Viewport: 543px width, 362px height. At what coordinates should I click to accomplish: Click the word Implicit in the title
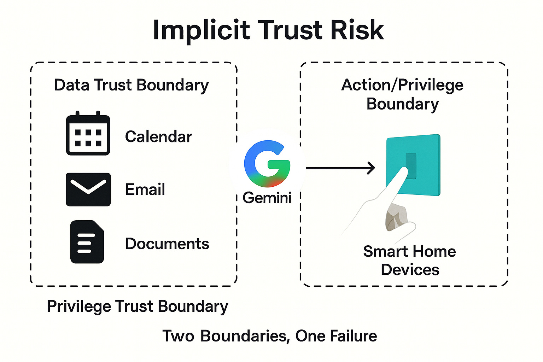[x=201, y=31]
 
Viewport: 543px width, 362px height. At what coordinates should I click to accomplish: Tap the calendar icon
[x=88, y=133]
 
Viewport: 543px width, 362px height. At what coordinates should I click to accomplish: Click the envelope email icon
[x=88, y=189]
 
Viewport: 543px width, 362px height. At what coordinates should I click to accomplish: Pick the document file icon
[x=87, y=242]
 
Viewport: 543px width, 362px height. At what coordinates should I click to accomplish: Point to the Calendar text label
[x=158, y=136]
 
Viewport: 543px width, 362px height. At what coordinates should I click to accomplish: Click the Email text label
[x=145, y=189]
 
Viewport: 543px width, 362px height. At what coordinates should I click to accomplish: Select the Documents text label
[x=167, y=244]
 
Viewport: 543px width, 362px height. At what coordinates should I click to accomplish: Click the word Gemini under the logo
[x=267, y=198]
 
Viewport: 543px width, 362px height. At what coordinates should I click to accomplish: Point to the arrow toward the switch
[x=340, y=168]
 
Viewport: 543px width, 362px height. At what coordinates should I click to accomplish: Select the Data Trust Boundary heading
[x=131, y=85]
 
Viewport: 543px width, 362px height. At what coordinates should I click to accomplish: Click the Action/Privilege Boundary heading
[x=402, y=94]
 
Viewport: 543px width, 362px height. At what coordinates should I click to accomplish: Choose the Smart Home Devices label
[x=410, y=261]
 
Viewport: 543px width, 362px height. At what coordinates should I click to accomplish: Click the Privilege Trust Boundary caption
[x=138, y=306]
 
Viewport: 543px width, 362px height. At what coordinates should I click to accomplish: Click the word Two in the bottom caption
[x=178, y=336]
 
